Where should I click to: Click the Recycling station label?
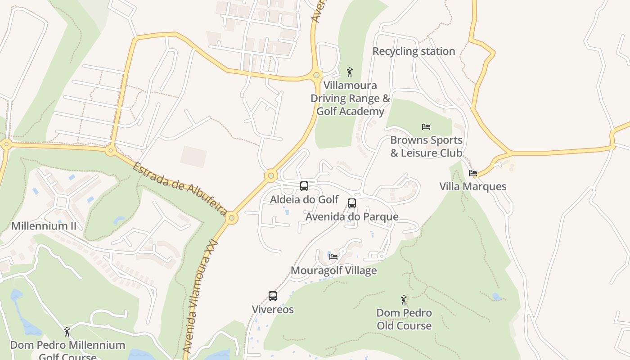pyautogui.click(x=414, y=51)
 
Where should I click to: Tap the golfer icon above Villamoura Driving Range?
pyautogui.click(x=350, y=72)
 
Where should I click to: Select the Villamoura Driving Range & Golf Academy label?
pyautogui.click(x=350, y=98)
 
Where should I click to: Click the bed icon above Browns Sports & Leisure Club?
pyautogui.click(x=426, y=127)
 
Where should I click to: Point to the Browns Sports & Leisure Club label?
pyautogui.click(x=426, y=147)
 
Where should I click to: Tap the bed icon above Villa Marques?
pyautogui.click(x=472, y=173)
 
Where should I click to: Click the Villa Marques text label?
pyautogui.click(x=472, y=186)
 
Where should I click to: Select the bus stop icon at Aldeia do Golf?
pyautogui.click(x=304, y=186)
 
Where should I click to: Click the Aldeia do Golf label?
pyautogui.click(x=304, y=199)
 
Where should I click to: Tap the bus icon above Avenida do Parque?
pyautogui.click(x=352, y=203)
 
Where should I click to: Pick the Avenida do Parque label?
pyautogui.click(x=352, y=217)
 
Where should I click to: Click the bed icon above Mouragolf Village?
pyautogui.click(x=333, y=257)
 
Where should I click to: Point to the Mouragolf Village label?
pyautogui.click(x=333, y=270)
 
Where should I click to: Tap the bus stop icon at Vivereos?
pyautogui.click(x=273, y=296)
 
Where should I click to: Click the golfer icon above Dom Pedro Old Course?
pyautogui.click(x=404, y=300)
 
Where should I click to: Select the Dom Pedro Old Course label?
pyautogui.click(x=404, y=319)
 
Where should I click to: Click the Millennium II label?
pyautogui.click(x=44, y=226)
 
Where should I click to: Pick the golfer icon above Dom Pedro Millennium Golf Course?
pyautogui.click(x=67, y=332)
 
